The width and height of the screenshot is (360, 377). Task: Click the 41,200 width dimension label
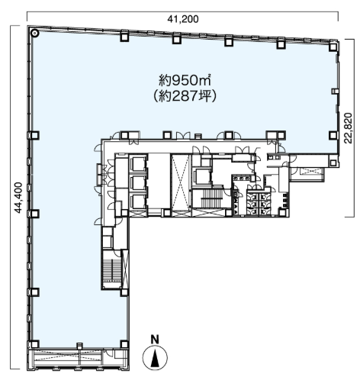point(183,19)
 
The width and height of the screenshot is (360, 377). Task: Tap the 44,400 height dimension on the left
point(18,198)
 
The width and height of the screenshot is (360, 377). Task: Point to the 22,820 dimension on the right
point(349,128)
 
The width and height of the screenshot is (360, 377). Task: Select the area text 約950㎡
point(185,80)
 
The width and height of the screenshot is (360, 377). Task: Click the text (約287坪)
point(185,96)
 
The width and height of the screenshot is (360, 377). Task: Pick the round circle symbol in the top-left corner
point(34,33)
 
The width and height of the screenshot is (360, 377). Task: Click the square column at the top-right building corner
point(333,47)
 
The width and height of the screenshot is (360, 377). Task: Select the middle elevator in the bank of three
point(138,182)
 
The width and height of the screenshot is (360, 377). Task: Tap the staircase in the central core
point(211,198)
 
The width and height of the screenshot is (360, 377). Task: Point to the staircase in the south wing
point(111,269)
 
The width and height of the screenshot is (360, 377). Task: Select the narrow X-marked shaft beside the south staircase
point(126,269)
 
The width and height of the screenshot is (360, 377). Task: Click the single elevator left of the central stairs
point(201,176)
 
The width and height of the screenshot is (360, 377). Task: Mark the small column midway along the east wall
point(334,91)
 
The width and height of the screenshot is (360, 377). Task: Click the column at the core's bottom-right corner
point(282,212)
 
